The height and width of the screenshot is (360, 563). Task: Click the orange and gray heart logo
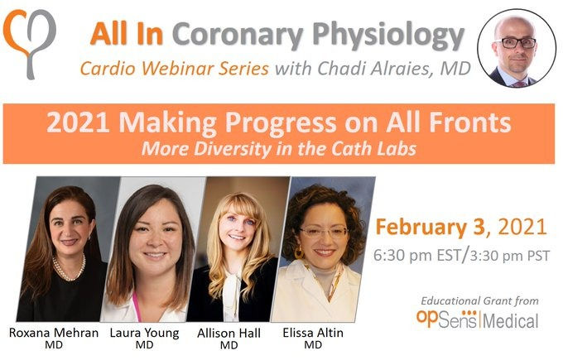tap(30, 43)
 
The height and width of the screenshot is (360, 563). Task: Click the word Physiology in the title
tap(388, 36)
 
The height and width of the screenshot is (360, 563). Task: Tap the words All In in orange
tap(127, 34)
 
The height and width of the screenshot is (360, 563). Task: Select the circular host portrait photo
tap(517, 48)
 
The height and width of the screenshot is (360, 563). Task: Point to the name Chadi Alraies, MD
tap(393, 68)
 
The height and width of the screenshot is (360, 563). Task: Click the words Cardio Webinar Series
tap(174, 68)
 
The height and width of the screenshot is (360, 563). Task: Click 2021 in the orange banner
tap(78, 122)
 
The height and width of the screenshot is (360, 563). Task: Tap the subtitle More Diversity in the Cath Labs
tap(279, 149)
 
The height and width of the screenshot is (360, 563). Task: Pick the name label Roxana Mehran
tap(54, 333)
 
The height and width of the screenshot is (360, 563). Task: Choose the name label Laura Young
tap(144, 333)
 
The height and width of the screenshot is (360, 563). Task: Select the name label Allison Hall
tap(229, 333)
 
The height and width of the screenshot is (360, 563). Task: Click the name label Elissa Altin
tap(313, 333)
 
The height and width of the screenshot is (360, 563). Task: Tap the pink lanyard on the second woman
tap(137, 307)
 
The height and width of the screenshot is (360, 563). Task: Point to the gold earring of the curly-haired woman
tap(298, 252)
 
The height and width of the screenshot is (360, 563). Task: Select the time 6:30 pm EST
tap(416, 256)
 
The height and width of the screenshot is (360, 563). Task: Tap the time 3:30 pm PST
tap(510, 256)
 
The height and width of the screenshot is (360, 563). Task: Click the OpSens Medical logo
tap(477, 319)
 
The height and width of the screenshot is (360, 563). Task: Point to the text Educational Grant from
tap(479, 300)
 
